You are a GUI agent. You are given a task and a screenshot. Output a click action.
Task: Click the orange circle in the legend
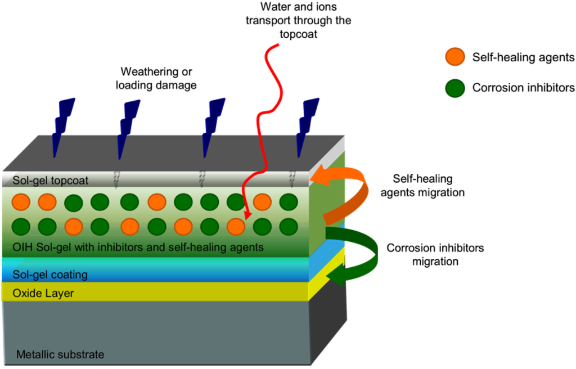(x=454, y=57)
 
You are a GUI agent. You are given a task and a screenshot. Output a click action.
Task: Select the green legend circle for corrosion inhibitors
(x=454, y=88)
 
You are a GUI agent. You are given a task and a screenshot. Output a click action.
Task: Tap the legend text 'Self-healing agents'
(x=523, y=57)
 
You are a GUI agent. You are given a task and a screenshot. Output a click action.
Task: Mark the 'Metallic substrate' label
(x=60, y=354)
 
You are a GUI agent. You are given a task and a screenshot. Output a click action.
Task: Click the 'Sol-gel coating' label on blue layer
(x=51, y=275)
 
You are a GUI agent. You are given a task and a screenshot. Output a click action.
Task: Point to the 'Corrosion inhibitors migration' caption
(x=435, y=254)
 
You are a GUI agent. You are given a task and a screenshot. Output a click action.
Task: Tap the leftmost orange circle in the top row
(x=20, y=201)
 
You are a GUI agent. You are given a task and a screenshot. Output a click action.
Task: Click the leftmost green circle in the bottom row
(x=20, y=226)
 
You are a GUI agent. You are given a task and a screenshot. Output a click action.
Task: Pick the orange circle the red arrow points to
(x=236, y=226)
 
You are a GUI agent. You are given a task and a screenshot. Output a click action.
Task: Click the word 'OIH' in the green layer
(x=21, y=247)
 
